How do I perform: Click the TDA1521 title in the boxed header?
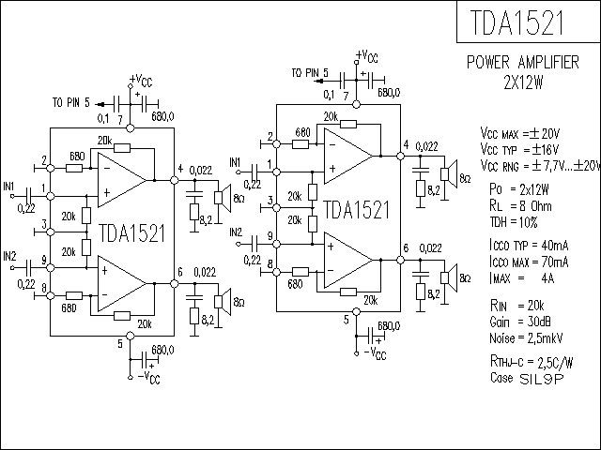tap(517, 22)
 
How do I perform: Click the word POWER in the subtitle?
tap(488, 63)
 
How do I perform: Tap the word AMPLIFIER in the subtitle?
tap(548, 63)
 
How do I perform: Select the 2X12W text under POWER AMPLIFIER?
tap(523, 82)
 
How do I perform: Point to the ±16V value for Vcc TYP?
tap(545, 149)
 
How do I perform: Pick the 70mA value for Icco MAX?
tap(555, 262)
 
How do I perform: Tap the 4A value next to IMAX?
tap(547, 277)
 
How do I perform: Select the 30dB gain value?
tap(539, 322)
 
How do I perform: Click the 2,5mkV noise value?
tap(547, 337)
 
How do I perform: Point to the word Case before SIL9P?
tap(501, 378)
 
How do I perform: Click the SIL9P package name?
tap(542, 379)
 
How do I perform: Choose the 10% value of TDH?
tap(528, 222)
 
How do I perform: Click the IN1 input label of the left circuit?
tap(8, 187)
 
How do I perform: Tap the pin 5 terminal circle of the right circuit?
tap(356, 311)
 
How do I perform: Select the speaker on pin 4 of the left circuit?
tap(223, 198)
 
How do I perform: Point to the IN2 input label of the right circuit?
tap(236, 232)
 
